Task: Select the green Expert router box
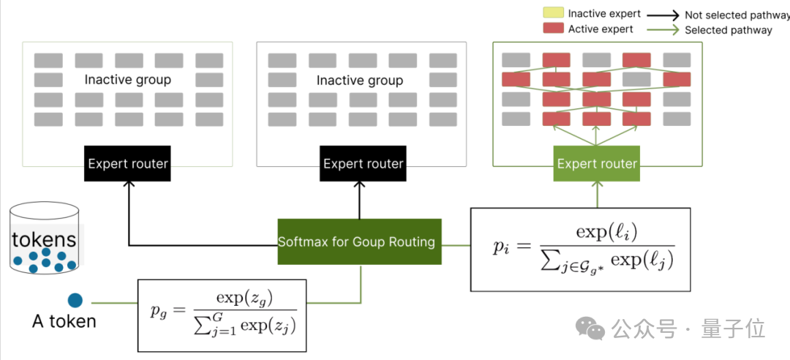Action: click(598, 164)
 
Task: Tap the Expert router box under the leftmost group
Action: click(129, 164)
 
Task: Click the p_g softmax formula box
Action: click(222, 314)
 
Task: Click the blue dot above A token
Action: click(75, 299)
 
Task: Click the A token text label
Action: click(64, 320)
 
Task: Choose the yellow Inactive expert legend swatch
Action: click(552, 14)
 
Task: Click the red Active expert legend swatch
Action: click(552, 29)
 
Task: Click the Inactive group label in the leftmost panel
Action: click(128, 79)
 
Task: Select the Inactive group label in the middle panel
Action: click(360, 80)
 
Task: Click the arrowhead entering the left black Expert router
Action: click(129, 187)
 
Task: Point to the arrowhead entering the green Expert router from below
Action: click(598, 187)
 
